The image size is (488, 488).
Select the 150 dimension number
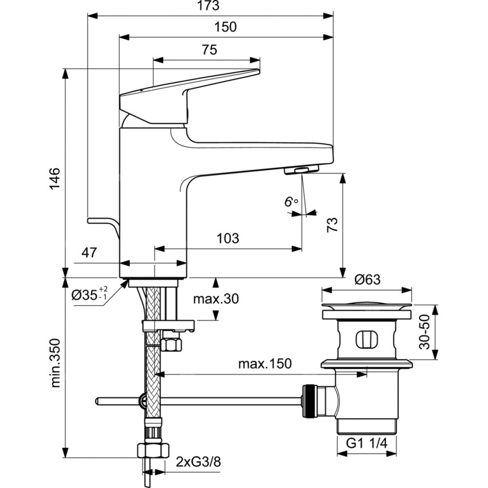click(225, 27)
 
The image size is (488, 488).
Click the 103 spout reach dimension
click(228, 239)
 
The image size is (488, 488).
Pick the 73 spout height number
click(332, 225)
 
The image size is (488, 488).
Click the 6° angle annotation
click(291, 202)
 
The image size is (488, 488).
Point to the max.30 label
click(216, 299)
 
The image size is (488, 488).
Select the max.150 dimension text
click(264, 364)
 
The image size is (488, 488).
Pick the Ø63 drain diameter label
click(367, 280)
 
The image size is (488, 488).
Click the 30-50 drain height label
click(426, 332)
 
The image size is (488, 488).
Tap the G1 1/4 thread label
click(366, 444)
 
